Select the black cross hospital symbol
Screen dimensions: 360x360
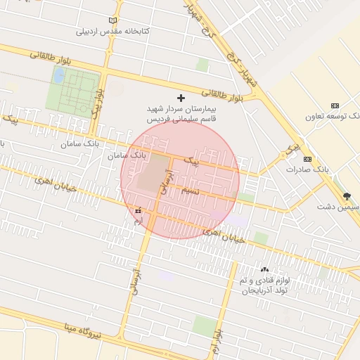pyautogui.click(x=181, y=98)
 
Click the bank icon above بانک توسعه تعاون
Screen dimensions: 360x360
pyautogui.click(x=335, y=105)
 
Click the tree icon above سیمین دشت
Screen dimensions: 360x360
pyautogui.click(x=345, y=196)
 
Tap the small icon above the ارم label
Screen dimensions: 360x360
pyautogui.click(x=138, y=210)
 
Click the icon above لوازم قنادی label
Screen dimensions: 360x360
pyautogui.click(x=264, y=269)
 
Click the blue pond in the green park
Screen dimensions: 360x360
pyautogui.click(x=59, y=74)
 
